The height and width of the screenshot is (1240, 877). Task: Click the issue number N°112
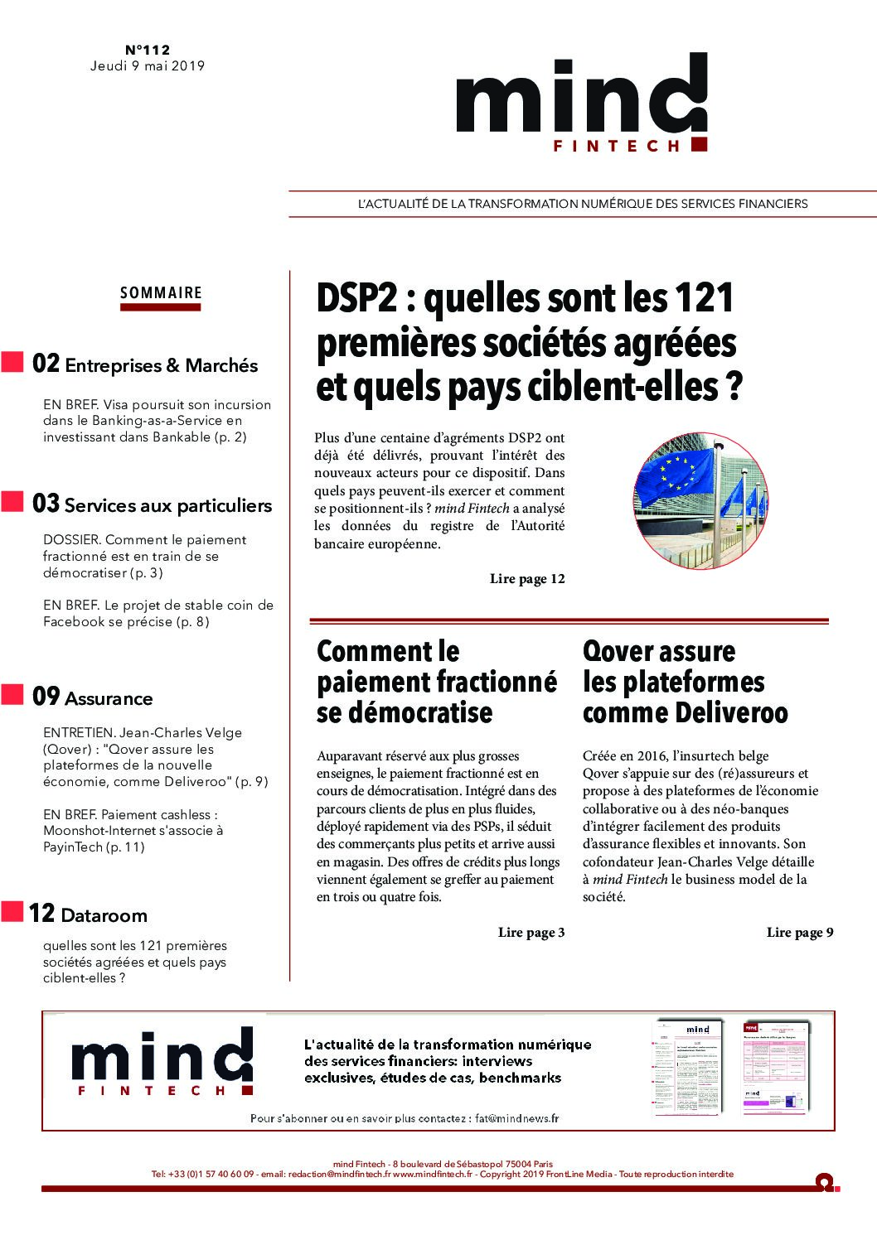point(148,50)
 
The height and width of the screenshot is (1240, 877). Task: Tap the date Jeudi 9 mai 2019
point(148,66)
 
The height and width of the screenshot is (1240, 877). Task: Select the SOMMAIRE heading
point(161,293)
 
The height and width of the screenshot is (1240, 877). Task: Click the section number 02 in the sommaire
point(46,364)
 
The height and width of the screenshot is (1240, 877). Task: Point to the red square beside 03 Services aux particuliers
point(12,502)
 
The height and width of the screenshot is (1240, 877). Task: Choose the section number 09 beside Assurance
point(46,697)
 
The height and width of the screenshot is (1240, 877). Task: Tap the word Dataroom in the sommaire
point(104,915)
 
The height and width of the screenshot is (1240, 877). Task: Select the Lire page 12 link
point(527,579)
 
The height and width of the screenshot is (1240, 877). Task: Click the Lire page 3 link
point(531,933)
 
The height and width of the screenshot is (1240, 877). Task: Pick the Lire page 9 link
point(799,933)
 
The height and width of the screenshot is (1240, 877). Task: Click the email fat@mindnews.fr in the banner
point(517,1118)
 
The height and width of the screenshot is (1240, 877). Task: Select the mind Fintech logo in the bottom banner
point(162,1064)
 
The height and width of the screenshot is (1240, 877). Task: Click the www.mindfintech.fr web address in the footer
point(432,1174)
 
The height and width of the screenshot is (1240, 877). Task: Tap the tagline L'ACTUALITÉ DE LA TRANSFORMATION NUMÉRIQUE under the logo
point(582,204)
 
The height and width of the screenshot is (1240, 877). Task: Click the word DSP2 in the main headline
point(357,298)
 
